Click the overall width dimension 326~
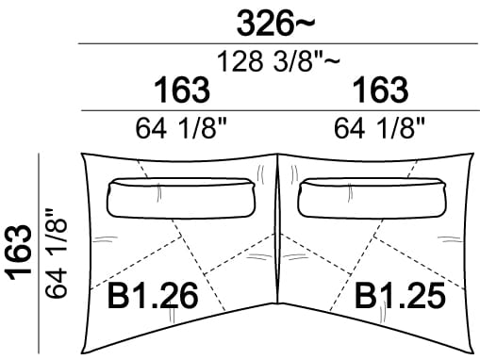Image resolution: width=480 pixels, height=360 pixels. click(275, 23)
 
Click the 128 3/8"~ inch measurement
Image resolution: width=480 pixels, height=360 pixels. click(278, 61)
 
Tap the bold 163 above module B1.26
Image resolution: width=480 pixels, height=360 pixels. click(182, 90)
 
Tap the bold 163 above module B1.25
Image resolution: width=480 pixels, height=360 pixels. click(380, 90)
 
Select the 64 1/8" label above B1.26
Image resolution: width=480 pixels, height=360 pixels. click(181, 128)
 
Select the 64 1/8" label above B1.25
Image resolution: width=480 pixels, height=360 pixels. click(379, 128)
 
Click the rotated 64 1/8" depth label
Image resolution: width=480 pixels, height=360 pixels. click(56, 253)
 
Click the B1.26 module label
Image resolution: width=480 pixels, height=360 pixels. click(153, 295)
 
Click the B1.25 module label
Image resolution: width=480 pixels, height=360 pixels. click(400, 295)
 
